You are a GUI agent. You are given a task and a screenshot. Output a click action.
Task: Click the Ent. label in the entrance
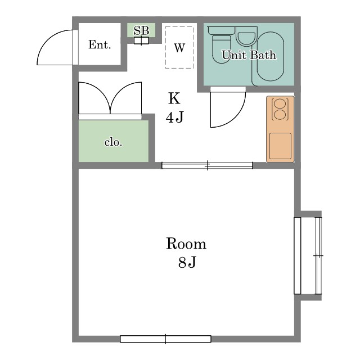point(100,44)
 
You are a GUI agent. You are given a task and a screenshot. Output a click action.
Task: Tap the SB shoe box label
point(141,30)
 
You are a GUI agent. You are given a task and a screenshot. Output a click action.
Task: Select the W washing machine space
point(179,47)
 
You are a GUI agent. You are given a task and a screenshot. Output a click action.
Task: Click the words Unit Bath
point(249,55)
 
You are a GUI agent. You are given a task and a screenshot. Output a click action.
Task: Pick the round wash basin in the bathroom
point(246,37)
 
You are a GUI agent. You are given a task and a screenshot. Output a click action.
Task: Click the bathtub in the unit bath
point(270,56)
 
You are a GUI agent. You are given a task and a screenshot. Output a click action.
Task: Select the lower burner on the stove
point(280,115)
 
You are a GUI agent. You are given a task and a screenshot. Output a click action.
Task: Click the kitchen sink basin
point(280,146)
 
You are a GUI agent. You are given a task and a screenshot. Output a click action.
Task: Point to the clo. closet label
point(114,142)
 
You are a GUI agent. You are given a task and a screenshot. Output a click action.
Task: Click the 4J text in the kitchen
point(175,117)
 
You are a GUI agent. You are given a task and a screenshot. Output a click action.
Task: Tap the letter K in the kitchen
point(174,98)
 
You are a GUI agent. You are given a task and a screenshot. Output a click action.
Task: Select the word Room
point(186,244)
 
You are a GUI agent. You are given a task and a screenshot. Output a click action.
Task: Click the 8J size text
point(187,262)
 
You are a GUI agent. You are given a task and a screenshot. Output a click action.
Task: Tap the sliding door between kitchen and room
point(207,165)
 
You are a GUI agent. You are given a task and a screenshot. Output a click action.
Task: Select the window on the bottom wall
point(165,339)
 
